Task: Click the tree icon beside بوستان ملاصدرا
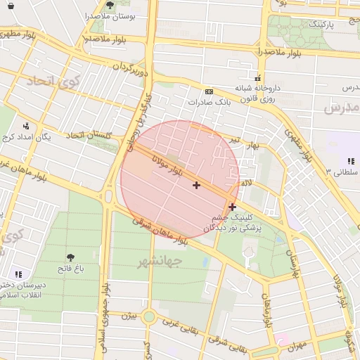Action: pos(110,5)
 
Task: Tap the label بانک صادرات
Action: pos(210,103)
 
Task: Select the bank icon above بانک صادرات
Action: pos(209,91)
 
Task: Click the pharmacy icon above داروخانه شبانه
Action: pos(258,78)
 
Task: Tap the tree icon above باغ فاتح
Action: pos(70,257)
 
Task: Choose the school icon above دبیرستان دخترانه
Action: pos(18,274)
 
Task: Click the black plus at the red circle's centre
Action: pos(196,185)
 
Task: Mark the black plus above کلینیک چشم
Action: pos(233,207)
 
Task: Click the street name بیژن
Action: pos(127,315)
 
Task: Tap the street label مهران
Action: pos(297,347)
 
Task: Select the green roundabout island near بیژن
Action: pos(149,317)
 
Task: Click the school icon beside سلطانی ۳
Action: pos(350,161)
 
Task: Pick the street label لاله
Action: pos(246,183)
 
